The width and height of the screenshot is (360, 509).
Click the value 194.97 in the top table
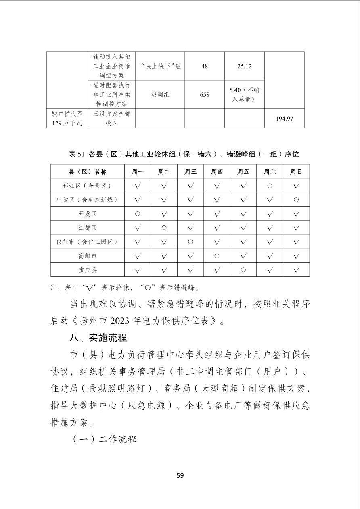click(284, 119)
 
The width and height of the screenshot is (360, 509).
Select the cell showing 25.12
click(244, 66)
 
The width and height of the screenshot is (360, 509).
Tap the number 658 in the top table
click(205, 95)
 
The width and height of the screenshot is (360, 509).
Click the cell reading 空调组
click(160, 95)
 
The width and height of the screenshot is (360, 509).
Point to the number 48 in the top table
click(205, 66)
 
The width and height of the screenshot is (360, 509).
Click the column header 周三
click(190, 172)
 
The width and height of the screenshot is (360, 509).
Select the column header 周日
click(296, 172)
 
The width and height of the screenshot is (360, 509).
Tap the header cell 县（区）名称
click(88, 172)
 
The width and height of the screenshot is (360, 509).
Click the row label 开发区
click(88, 214)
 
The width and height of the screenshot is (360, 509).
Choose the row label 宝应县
click(88, 270)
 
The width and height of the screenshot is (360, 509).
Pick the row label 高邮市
click(88, 256)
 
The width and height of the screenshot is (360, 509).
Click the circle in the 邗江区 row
click(270, 186)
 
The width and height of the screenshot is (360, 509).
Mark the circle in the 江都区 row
click(164, 228)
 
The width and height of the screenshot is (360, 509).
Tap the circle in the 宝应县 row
click(243, 270)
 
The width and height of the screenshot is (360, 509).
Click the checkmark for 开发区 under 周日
click(296, 214)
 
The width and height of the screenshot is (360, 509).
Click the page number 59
click(180, 475)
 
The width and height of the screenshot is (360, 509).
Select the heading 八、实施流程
click(98, 337)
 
